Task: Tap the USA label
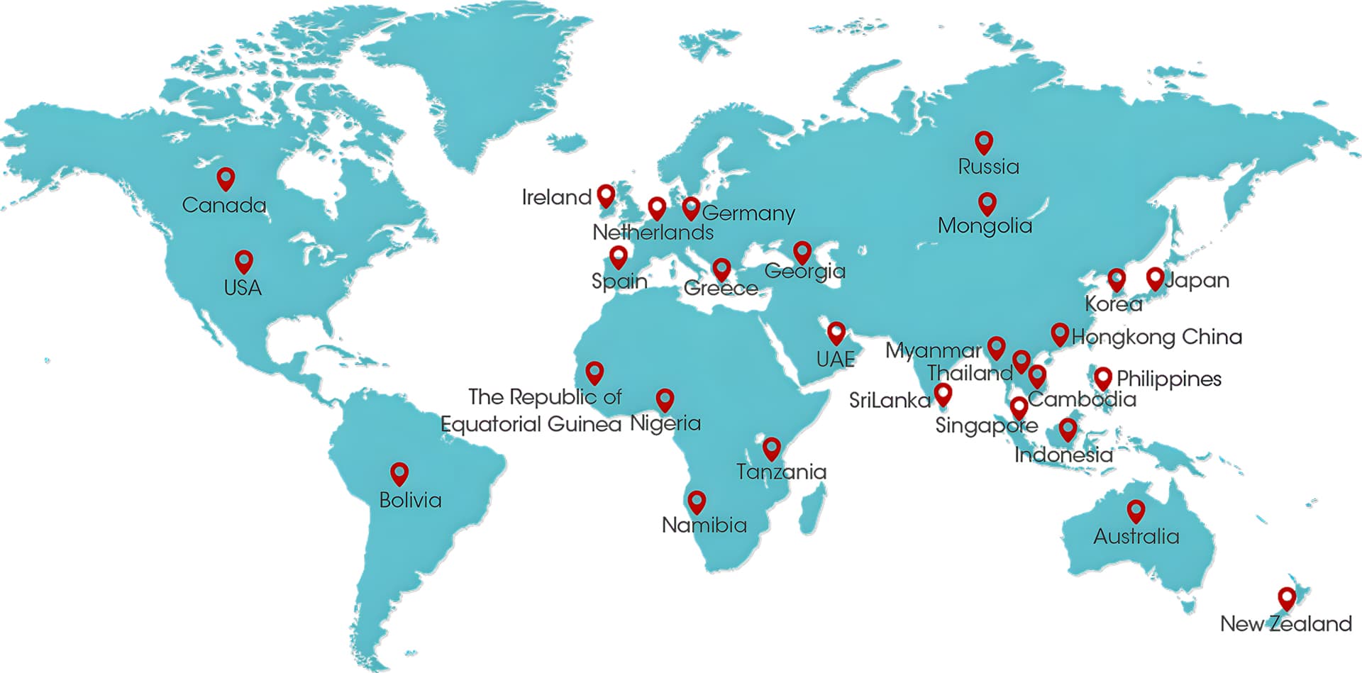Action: (243, 288)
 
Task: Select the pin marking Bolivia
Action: (399, 473)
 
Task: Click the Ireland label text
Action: (556, 197)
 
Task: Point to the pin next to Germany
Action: (691, 208)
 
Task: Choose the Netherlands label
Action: (653, 232)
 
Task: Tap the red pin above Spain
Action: (619, 256)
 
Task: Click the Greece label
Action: (721, 289)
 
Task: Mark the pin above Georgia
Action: (802, 252)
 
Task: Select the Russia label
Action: (988, 167)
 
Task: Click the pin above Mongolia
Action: (987, 204)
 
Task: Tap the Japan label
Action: (1197, 281)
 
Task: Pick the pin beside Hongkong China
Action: (1059, 333)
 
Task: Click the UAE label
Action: (836, 359)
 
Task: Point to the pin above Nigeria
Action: (665, 399)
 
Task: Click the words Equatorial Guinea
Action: (531, 424)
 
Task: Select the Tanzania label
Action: (781, 472)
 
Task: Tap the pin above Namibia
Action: (697, 501)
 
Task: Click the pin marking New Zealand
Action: (1286, 599)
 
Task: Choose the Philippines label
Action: (1169, 379)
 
